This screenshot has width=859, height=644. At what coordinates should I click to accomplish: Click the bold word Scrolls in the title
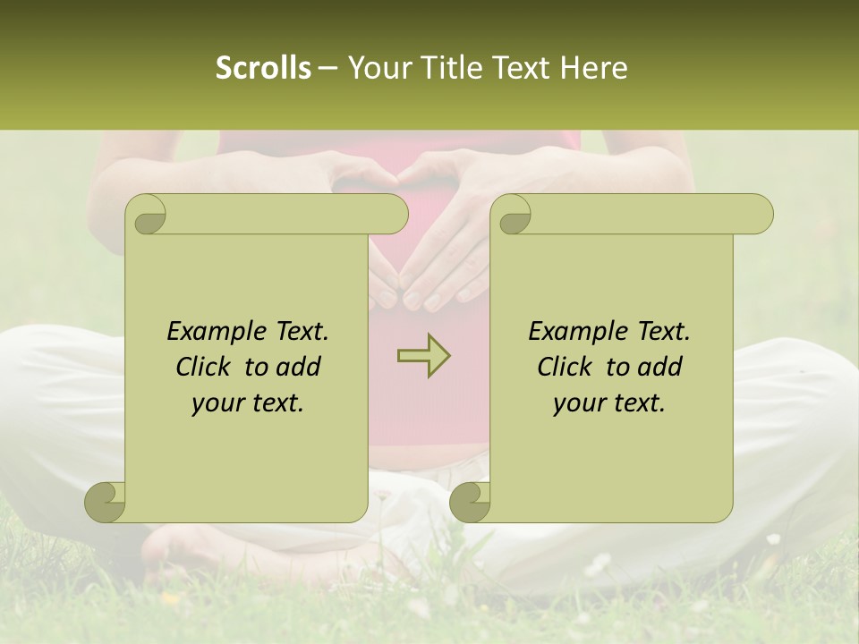click(x=264, y=68)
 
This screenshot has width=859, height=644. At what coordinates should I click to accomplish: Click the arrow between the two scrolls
click(x=423, y=356)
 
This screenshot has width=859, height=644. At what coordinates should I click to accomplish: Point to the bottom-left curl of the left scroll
click(x=106, y=502)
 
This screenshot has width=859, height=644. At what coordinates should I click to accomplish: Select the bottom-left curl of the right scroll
click(x=470, y=502)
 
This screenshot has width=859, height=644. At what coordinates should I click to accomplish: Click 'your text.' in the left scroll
click(x=247, y=403)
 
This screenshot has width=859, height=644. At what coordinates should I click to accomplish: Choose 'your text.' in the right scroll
click(x=608, y=403)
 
